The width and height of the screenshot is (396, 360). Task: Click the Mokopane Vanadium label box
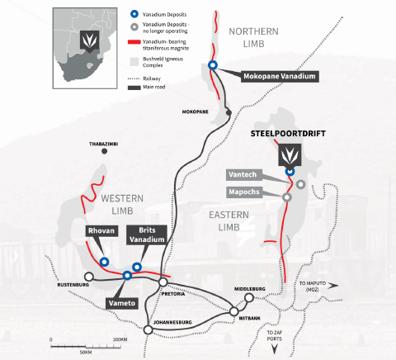[280, 76]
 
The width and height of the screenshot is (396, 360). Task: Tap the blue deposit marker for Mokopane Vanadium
[213, 65]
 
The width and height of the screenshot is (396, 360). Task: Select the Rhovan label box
[101, 230]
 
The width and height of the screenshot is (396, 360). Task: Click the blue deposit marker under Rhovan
[104, 262]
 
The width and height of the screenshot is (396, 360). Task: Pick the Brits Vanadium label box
[147, 235]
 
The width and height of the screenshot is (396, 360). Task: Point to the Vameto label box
[122, 303]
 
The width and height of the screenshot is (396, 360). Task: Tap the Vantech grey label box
[243, 175]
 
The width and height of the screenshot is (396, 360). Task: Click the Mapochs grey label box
[244, 192]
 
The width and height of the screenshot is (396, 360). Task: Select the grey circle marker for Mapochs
[287, 197]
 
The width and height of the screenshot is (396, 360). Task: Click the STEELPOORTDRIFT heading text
[288, 134]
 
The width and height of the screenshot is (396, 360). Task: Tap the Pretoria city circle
[163, 282]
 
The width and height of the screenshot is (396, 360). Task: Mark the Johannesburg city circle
[148, 329]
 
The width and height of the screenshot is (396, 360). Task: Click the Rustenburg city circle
[89, 277]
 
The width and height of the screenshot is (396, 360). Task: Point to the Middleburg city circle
[249, 297]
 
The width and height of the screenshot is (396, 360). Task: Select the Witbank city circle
[234, 311]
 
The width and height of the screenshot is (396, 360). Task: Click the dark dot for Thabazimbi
[104, 151]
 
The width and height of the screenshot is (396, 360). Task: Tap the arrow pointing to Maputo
[333, 286]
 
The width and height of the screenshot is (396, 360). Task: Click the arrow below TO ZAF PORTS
[274, 349]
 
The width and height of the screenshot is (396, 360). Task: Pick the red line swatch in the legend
[134, 42]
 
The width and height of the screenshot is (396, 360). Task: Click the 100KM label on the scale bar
[120, 339]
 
